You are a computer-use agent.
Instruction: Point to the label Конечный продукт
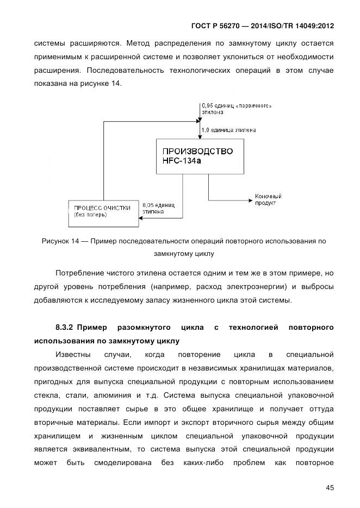268,199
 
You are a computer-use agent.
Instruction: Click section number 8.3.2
65,327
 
